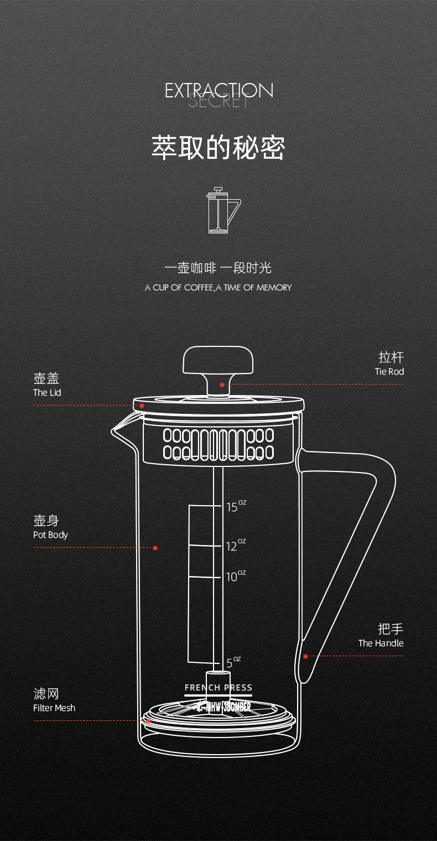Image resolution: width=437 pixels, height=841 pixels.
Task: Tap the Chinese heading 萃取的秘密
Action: [x=218, y=148]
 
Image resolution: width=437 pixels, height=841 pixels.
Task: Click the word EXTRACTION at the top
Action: [x=219, y=90]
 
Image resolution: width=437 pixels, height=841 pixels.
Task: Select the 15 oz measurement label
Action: [x=235, y=506]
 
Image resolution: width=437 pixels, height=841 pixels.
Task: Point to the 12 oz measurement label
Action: [x=235, y=546]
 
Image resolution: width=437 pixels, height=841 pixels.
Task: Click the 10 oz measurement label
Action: [x=235, y=577]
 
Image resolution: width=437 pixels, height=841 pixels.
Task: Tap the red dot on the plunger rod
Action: [x=222, y=385]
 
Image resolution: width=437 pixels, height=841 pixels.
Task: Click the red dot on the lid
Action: [x=142, y=406]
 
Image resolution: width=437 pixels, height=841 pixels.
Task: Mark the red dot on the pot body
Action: [x=155, y=548]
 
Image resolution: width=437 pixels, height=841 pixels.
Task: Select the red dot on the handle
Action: [x=305, y=656]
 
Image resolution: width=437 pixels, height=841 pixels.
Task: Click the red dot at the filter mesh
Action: [x=148, y=721]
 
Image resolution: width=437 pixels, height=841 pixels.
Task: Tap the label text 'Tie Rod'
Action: [x=389, y=372]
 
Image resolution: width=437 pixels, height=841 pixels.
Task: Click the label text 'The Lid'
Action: [x=47, y=393]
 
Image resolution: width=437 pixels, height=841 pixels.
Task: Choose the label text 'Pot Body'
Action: [x=50, y=535]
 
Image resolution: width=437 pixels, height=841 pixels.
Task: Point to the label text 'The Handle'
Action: [x=381, y=643]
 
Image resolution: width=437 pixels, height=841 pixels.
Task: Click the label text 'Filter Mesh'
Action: [x=54, y=708]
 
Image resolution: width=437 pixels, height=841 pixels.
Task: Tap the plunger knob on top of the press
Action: [x=218, y=360]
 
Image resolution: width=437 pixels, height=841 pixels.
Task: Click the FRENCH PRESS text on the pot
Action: [x=218, y=688]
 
